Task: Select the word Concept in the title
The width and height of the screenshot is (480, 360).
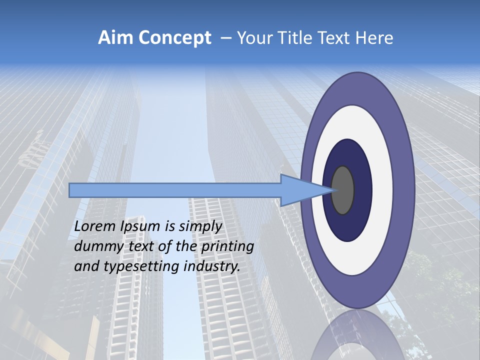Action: tap(175, 38)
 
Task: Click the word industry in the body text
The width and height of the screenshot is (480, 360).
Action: tap(212, 266)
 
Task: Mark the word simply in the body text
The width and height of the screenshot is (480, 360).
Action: tap(200, 226)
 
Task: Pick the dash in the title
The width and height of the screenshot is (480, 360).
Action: tap(225, 38)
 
